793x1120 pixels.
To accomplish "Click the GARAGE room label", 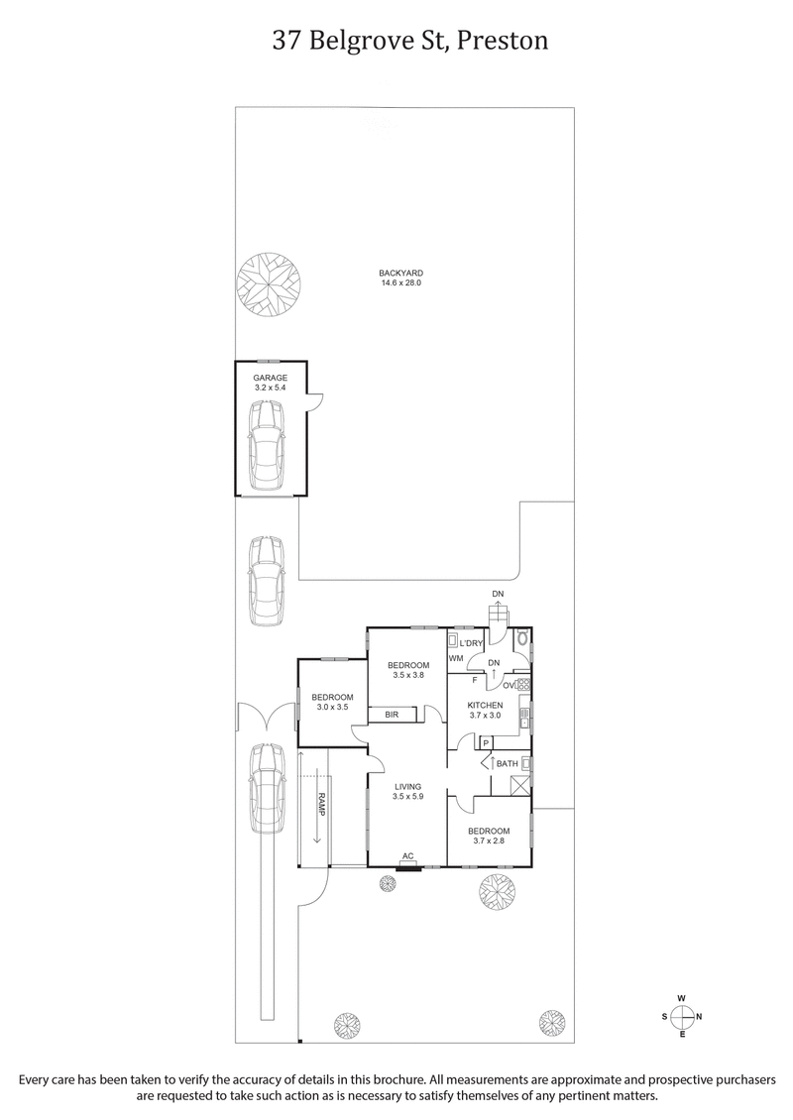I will click(269, 378).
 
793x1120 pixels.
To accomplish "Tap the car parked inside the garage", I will click(268, 446).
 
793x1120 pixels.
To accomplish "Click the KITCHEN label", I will click(486, 705).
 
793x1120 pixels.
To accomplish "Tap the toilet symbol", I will click(522, 638).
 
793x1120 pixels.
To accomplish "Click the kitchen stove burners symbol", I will click(522, 684).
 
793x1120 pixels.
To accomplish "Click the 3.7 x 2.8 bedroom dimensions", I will click(490, 842).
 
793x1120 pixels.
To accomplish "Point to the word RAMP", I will click(321, 802).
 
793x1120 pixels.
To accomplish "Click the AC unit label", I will click(407, 855).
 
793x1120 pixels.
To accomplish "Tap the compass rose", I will click(682, 1016).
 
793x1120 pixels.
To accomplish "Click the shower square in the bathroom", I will click(518, 785).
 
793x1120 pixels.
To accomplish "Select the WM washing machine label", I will click(456, 658).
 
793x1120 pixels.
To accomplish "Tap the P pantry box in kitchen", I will click(487, 742).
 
